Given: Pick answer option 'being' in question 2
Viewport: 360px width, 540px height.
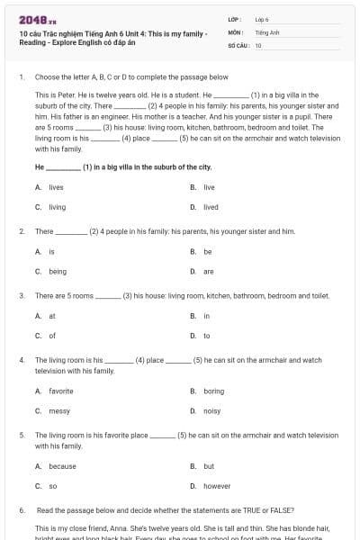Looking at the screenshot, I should click(58, 271).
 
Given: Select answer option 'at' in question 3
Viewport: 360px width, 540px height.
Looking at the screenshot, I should click(52, 316).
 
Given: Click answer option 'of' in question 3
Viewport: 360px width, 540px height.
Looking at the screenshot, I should click(52, 336).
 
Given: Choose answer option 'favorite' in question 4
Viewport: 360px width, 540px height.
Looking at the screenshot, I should click(60, 391).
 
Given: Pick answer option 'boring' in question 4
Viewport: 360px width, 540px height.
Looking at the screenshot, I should click(213, 391).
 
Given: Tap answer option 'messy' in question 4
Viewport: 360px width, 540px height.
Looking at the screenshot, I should click(58, 410).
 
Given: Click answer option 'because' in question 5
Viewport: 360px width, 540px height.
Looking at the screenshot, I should click(62, 466).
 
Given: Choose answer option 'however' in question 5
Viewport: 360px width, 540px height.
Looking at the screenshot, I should click(216, 486).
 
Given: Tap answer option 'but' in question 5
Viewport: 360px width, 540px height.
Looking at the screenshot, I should click(208, 466).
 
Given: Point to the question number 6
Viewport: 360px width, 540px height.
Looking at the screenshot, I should click(21, 509).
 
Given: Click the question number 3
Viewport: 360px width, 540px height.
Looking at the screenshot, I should click(21, 295).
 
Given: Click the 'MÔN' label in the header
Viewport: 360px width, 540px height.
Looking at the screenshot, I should click(236, 31).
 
